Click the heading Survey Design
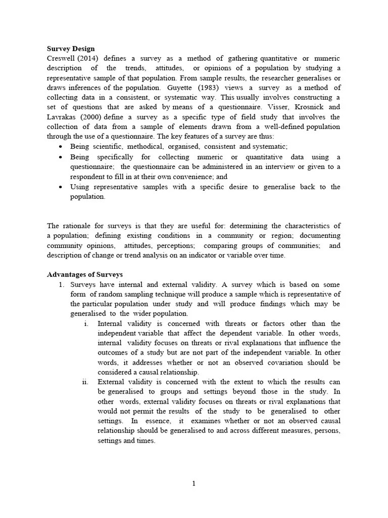[71, 49]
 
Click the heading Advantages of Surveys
[85, 275]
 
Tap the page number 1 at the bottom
[193, 484]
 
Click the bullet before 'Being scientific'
[61, 147]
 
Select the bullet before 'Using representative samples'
[61, 187]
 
